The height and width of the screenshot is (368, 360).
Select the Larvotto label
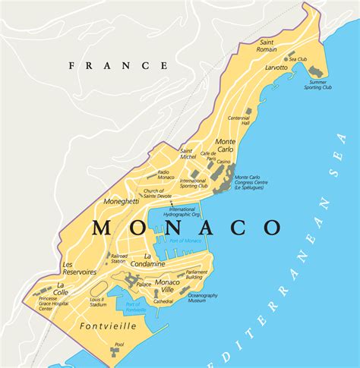(x=276, y=68)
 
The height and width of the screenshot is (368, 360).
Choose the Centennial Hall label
(x=238, y=121)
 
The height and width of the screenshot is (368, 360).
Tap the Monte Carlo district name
(x=226, y=146)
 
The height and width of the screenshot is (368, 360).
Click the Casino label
(x=223, y=162)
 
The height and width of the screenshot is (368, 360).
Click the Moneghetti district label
(x=122, y=203)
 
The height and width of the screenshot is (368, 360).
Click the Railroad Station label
(x=120, y=259)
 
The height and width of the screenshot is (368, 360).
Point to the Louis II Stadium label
(x=97, y=301)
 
